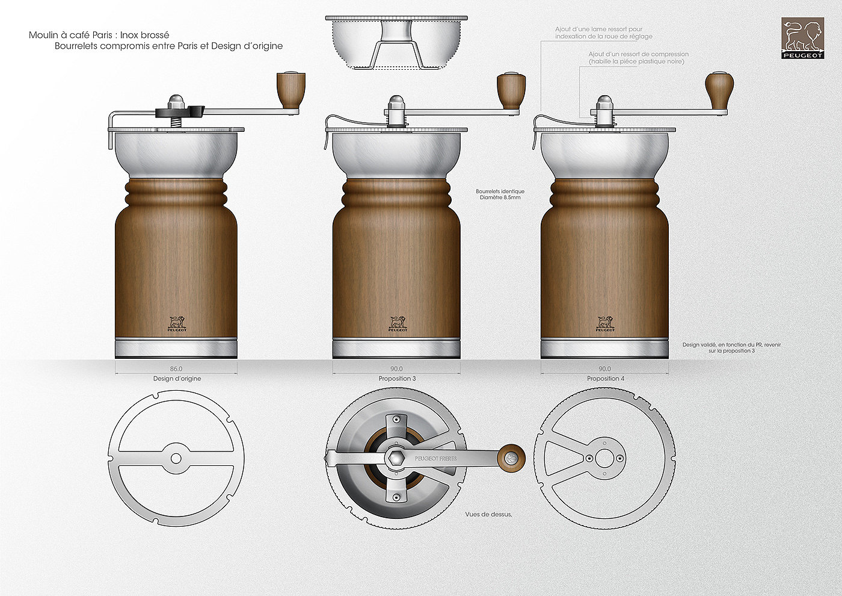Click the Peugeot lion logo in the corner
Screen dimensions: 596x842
coord(802,38)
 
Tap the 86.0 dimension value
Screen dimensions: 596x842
coord(176,369)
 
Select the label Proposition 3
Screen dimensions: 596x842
coord(397,379)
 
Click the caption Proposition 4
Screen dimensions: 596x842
coord(604,379)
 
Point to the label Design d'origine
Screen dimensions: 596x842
coord(177,379)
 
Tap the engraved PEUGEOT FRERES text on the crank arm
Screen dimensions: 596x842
coord(435,459)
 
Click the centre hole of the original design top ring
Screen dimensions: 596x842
coord(176,459)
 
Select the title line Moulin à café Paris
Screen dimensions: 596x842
coord(99,35)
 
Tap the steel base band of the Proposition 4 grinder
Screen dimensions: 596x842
coord(604,349)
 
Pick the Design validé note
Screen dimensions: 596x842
coord(731,347)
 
